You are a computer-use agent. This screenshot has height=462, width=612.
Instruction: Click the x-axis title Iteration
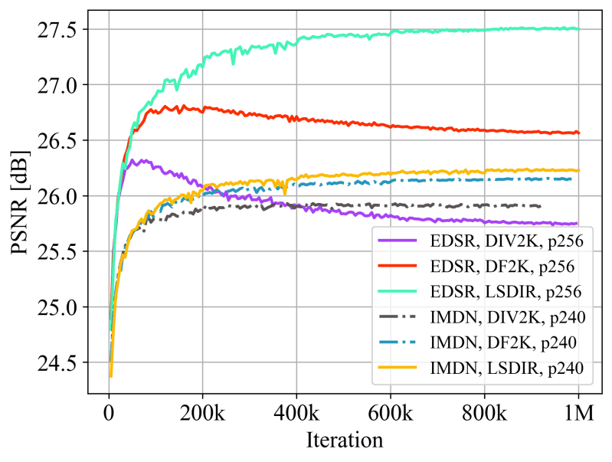[343, 441]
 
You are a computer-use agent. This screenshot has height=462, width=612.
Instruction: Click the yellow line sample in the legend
[398, 369]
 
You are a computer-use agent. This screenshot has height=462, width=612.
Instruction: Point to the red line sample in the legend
[398, 266]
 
